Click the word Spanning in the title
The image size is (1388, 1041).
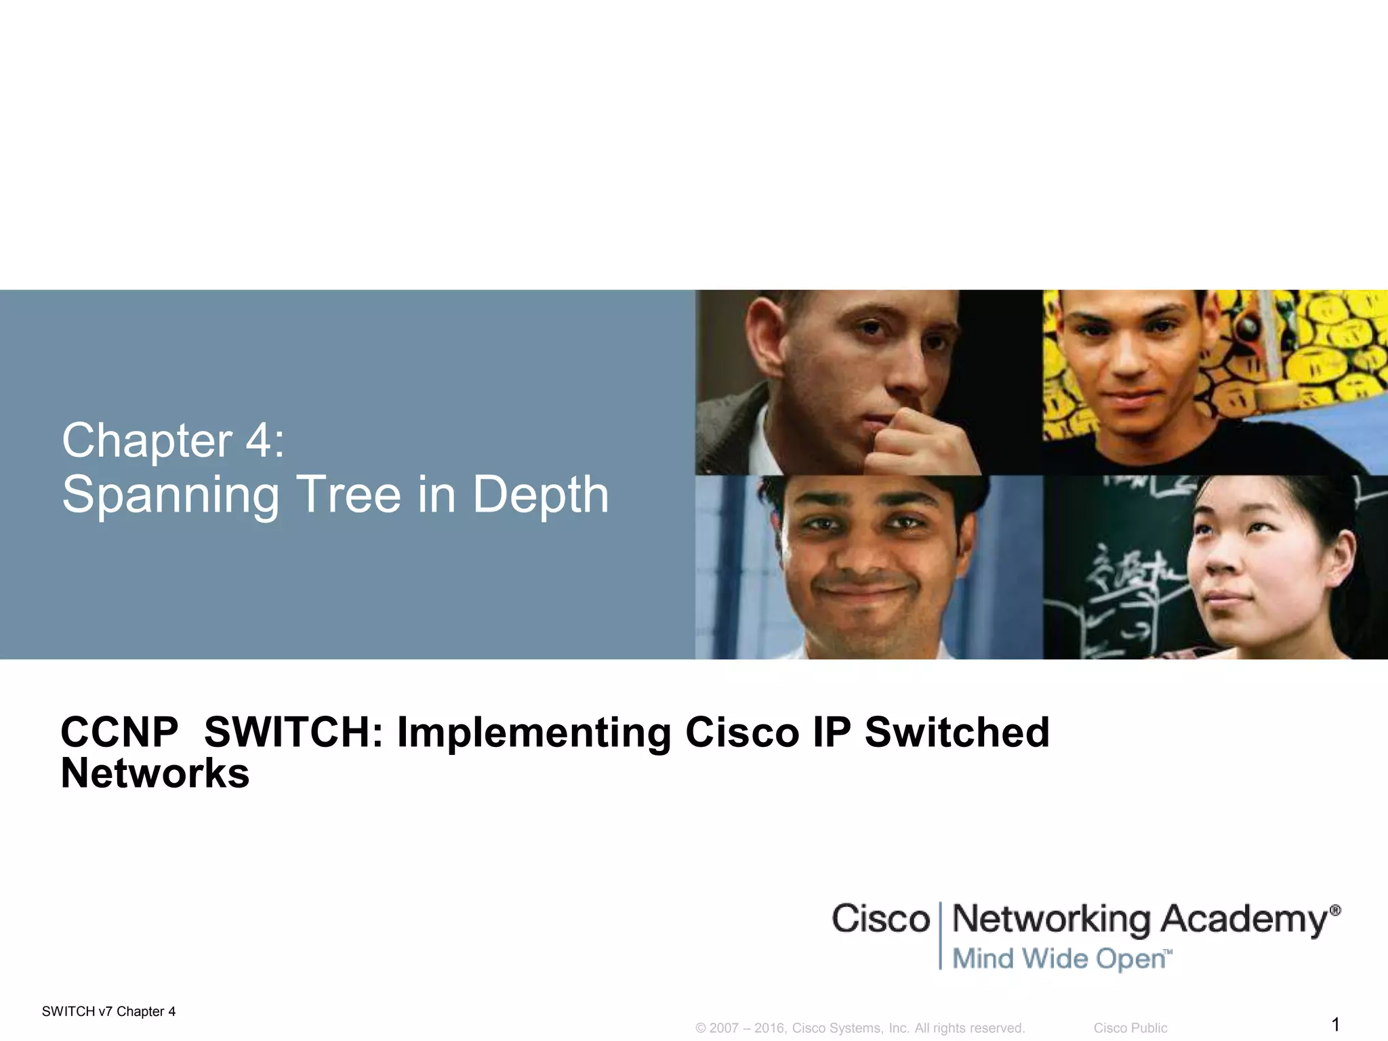click(x=170, y=496)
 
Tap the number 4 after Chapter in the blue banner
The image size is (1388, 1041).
click(x=258, y=441)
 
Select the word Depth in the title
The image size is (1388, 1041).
click(x=540, y=496)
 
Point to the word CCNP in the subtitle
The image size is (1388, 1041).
click(x=119, y=733)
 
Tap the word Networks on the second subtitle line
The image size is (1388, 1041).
click(x=155, y=773)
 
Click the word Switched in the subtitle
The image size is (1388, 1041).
click(x=956, y=733)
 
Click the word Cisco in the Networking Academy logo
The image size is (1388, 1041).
click(x=880, y=919)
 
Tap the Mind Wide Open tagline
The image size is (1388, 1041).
click(x=1061, y=959)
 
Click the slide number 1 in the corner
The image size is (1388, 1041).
click(x=1335, y=1024)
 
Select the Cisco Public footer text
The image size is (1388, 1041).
click(x=1130, y=1028)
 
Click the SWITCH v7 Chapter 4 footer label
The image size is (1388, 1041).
click(x=108, y=1012)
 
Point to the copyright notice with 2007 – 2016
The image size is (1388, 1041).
click(x=859, y=1028)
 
